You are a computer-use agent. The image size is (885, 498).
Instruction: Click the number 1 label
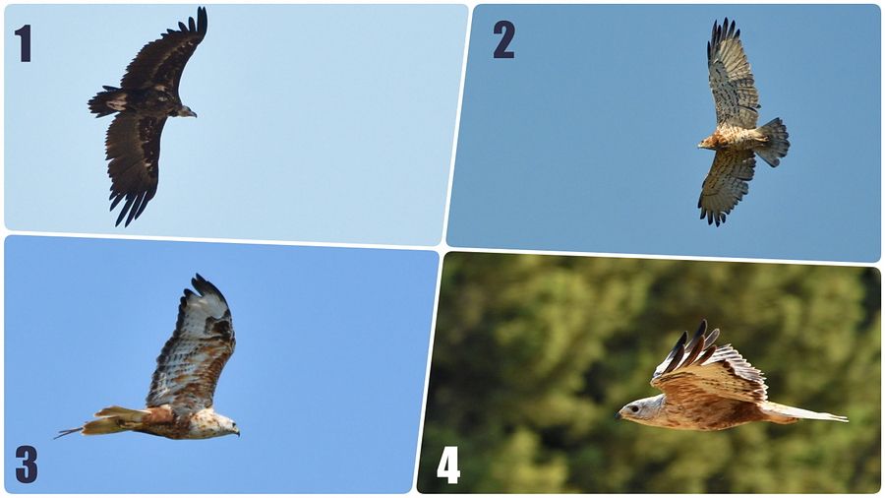click(x=24, y=43)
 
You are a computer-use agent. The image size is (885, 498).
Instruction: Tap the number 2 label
click(x=504, y=39)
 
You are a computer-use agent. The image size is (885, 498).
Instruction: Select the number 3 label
click(x=27, y=464)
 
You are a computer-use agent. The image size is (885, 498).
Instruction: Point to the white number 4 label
click(x=448, y=466)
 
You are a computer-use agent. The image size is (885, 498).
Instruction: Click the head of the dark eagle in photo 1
click(x=186, y=111)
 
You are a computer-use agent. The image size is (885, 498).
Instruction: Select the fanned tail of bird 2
click(x=773, y=142)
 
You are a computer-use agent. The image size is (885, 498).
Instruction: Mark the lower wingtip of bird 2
click(x=712, y=216)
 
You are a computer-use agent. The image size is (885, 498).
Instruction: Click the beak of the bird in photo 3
click(x=236, y=431)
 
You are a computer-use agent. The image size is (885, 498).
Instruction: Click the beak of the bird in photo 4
click(x=619, y=415)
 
